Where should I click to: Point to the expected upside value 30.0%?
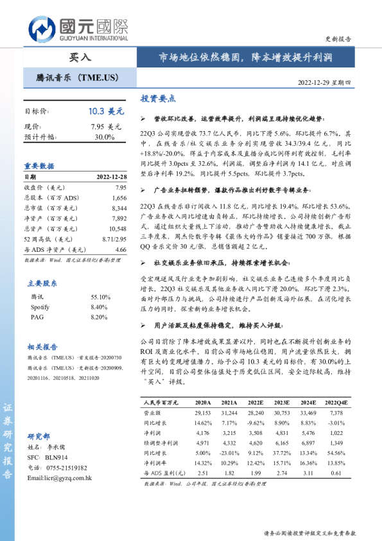105,136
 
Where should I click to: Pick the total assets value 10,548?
117,229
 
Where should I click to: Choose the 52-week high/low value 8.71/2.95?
113,239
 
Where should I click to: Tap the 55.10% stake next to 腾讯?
101,279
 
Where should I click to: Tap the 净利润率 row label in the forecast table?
155,462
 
